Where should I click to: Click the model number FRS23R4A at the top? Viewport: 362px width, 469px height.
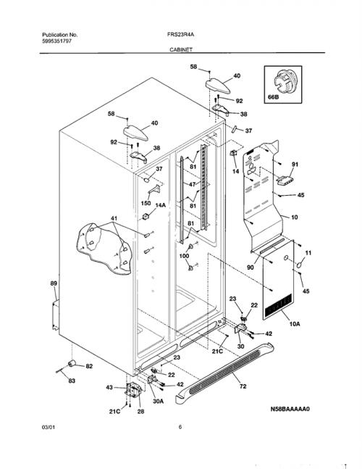point(180,34)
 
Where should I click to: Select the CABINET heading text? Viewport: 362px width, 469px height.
point(181,49)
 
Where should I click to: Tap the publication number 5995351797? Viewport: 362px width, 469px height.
point(56,41)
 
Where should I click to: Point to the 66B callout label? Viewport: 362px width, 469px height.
point(273,97)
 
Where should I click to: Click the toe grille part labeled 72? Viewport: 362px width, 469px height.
point(224,373)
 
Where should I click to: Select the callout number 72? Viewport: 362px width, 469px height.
point(243,386)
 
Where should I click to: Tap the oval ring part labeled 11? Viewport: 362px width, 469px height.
point(300,264)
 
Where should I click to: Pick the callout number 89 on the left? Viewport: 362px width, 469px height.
point(54,283)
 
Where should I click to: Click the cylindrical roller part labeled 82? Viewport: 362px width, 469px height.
point(72,363)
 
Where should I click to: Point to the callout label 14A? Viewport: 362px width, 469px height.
point(160,205)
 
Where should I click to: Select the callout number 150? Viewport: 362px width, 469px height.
point(146,204)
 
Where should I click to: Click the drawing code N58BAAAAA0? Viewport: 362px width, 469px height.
point(290,409)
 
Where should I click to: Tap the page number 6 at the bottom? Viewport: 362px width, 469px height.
point(180,427)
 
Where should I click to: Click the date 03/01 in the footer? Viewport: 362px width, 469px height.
point(49,427)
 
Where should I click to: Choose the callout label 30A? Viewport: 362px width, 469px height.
point(159,402)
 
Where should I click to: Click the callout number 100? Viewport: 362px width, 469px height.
point(184,256)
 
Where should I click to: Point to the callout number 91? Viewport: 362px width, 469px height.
point(295,165)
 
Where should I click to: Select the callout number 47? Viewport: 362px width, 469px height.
point(193,184)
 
